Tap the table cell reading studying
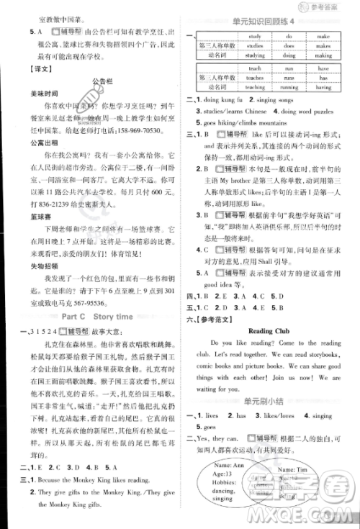pos(255,53)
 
